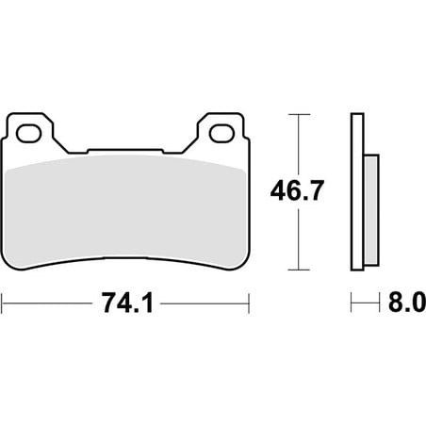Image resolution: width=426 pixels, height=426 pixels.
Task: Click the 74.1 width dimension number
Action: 127,303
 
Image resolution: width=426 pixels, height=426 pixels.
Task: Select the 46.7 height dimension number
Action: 297,191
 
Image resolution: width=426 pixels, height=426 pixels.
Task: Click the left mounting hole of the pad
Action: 29,134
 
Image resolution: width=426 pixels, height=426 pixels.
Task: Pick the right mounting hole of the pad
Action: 222,134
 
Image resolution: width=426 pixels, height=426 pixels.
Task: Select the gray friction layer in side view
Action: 371,210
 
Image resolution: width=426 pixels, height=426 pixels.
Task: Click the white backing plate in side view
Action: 357,191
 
